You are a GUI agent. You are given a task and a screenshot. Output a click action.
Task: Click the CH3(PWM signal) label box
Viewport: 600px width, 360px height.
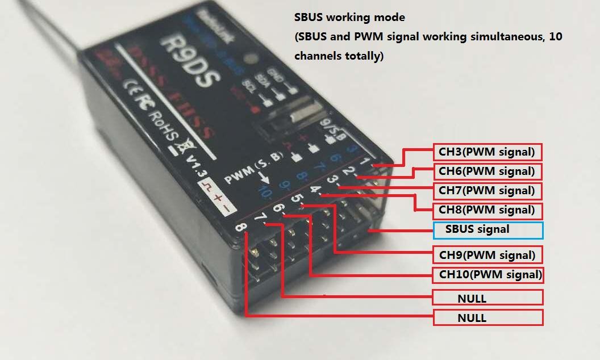(x=487, y=152)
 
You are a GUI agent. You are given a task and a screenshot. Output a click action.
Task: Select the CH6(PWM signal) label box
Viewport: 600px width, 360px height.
(x=487, y=171)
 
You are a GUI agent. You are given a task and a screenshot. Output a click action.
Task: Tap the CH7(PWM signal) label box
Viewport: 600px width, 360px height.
(x=487, y=190)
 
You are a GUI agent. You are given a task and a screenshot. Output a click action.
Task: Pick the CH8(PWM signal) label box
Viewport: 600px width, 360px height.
(x=487, y=210)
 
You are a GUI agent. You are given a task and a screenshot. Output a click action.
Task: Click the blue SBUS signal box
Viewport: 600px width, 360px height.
(x=488, y=230)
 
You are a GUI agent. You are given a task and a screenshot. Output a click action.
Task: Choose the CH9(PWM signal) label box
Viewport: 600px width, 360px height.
(x=487, y=254)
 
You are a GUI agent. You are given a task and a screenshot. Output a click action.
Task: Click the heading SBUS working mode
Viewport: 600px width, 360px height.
(x=349, y=18)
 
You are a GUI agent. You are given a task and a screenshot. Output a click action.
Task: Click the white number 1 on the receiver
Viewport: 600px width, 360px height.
(x=374, y=162)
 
